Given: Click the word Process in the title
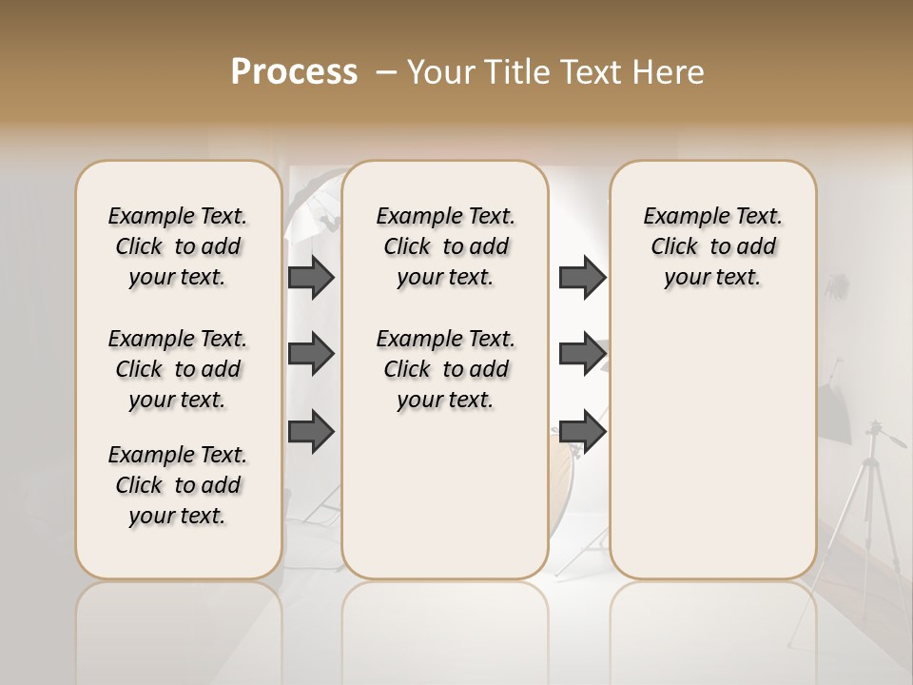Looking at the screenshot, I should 294,72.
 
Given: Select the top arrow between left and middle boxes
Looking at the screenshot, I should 311,277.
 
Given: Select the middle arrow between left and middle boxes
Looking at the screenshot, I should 311,354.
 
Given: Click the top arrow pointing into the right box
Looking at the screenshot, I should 582,277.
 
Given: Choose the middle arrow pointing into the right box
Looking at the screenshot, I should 582,354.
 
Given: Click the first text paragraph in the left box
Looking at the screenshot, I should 178,246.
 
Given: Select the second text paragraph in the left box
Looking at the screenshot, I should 178,369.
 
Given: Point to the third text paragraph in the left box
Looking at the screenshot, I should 178,485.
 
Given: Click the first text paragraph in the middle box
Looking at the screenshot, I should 445,246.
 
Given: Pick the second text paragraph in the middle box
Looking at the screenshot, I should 445,369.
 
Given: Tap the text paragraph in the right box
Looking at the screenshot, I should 712,246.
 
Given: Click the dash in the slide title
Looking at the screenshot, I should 387,72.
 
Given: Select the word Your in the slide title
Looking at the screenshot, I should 441,72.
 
